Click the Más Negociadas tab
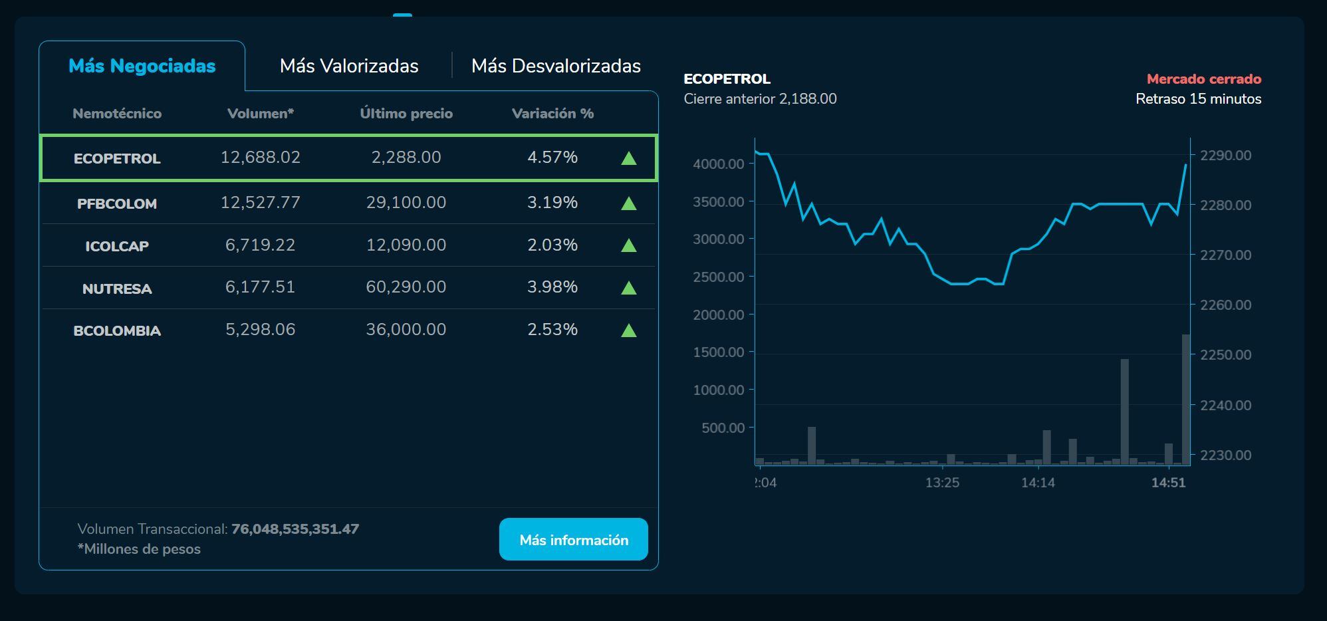pos(142,66)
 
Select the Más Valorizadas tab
pos(349,66)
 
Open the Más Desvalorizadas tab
pos(556,66)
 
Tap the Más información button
pos(573,539)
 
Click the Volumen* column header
pos(261,114)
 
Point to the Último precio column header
pos(406,114)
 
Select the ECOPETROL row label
pos(117,158)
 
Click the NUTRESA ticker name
pos(117,289)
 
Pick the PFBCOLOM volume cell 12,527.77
pos(261,202)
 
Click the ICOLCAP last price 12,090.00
pos(406,245)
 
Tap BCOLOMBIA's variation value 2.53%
pos(552,329)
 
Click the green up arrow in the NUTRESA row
pos(628,288)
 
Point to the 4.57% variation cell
pos(552,157)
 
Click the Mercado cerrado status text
pos(1203,79)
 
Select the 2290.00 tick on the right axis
pos(1225,155)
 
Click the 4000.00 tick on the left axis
pos(719,164)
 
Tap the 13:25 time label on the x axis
pos(942,483)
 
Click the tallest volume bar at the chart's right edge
pos(1185,399)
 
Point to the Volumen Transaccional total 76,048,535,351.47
pos(295,529)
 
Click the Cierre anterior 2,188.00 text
pos(760,99)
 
